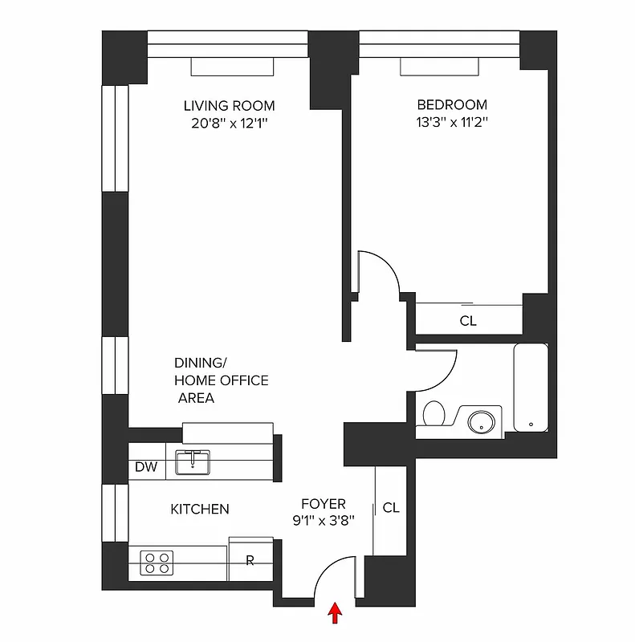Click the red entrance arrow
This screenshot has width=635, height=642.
click(x=336, y=614)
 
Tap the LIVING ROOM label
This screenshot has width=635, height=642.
click(x=229, y=106)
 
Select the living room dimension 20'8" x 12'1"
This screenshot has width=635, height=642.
click(x=229, y=123)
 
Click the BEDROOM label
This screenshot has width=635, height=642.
click(x=451, y=105)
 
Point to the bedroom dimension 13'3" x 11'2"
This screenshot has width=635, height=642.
click(x=451, y=123)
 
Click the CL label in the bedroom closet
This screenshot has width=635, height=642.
click(x=468, y=321)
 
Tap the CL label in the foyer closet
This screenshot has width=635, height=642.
click(x=391, y=508)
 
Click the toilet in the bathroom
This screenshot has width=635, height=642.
click(x=434, y=413)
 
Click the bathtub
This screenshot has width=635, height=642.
click(x=531, y=388)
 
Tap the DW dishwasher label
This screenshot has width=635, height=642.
click(x=145, y=467)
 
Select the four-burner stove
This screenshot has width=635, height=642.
click(x=157, y=561)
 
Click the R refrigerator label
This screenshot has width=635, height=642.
click(x=250, y=561)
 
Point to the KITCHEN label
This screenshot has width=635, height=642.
click(x=200, y=510)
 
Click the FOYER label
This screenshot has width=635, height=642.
click(x=324, y=504)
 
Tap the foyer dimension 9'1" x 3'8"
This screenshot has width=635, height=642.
click(x=324, y=520)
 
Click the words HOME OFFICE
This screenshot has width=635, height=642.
click(x=222, y=380)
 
